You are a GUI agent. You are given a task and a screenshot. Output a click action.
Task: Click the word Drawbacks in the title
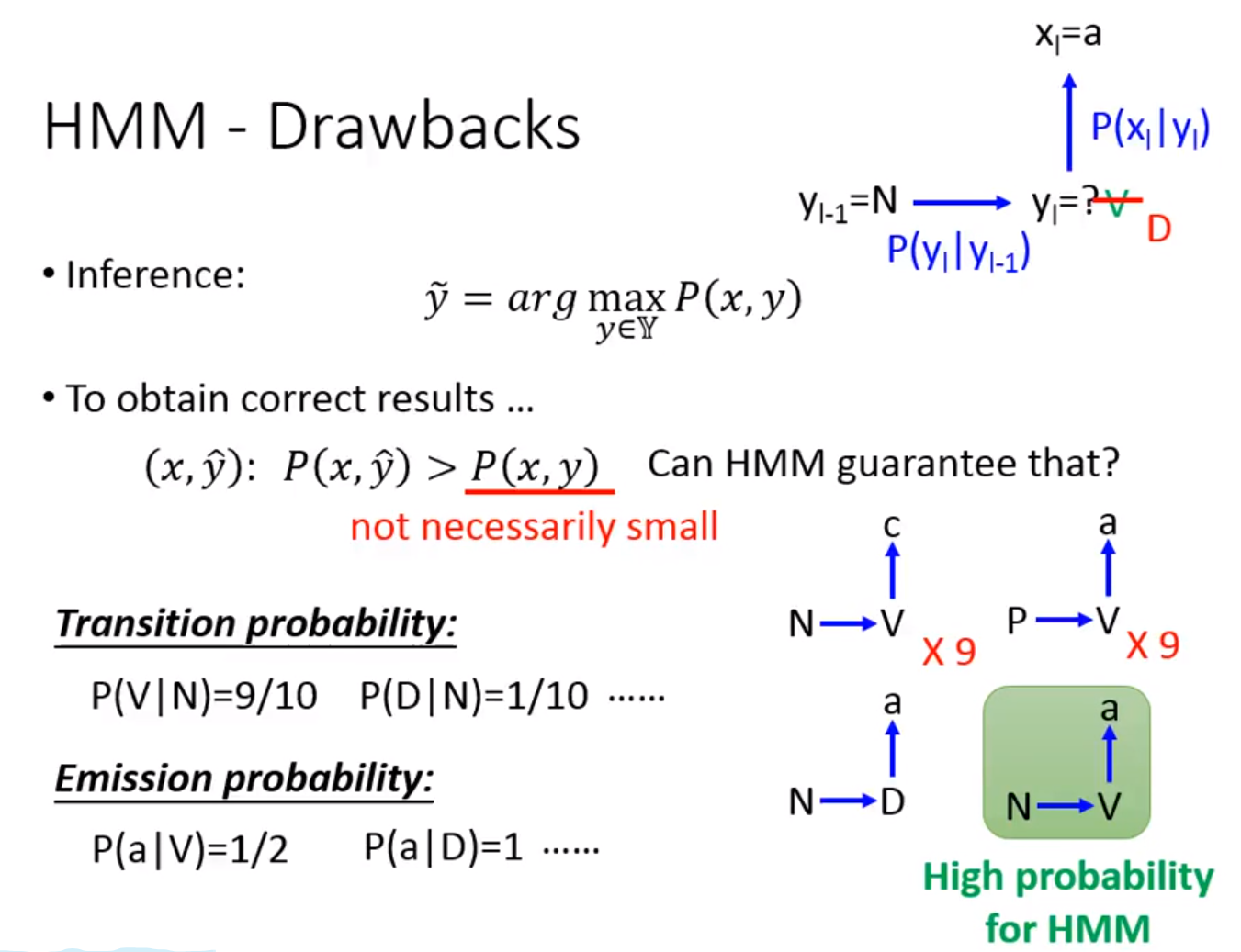tap(423, 127)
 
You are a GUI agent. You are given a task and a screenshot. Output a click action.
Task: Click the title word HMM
tap(126, 127)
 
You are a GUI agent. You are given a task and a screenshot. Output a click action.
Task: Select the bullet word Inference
tap(155, 274)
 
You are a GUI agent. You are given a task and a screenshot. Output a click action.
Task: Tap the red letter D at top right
tap(1158, 230)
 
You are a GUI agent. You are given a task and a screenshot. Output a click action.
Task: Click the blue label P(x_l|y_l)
tap(1149, 128)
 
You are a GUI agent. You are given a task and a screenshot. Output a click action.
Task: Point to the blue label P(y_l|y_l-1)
tap(958, 251)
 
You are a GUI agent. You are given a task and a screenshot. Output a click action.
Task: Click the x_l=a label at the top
tap(1067, 35)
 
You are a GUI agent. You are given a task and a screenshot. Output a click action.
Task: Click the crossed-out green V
tap(1116, 204)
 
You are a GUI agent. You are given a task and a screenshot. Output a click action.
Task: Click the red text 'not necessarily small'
tap(534, 527)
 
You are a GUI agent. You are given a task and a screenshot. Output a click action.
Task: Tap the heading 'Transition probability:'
tap(256, 624)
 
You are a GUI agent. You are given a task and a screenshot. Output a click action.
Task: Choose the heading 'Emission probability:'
tap(243, 778)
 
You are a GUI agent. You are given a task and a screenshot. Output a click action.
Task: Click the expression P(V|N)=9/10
tap(204, 696)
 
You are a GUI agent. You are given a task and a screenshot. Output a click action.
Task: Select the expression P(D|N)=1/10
tap(474, 696)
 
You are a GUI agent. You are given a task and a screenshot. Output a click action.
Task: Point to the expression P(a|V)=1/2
tap(190, 849)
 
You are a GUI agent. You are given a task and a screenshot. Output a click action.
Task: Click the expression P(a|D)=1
tap(444, 847)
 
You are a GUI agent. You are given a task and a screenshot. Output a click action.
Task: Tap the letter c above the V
tap(891, 525)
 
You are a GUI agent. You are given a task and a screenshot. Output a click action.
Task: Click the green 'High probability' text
tap(1067, 877)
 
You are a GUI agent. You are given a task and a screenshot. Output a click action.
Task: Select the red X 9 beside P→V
tap(1152, 645)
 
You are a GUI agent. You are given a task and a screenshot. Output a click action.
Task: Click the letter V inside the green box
tap(1109, 806)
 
